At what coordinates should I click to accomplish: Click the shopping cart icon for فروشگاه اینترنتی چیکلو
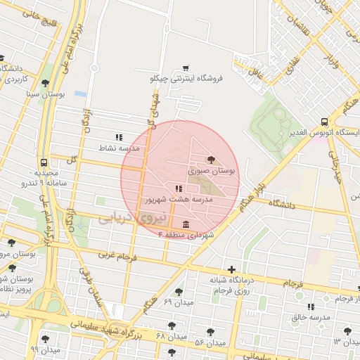pos(185,68)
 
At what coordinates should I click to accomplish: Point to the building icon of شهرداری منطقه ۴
pos(185,224)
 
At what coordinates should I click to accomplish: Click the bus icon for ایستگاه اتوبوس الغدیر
pos(323,122)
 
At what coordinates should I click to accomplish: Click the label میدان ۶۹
pos(177,302)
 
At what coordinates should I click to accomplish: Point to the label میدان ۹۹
pos(44,349)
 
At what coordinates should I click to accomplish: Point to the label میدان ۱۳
pos(346,341)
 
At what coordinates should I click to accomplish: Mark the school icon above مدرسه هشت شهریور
pos(179,188)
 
